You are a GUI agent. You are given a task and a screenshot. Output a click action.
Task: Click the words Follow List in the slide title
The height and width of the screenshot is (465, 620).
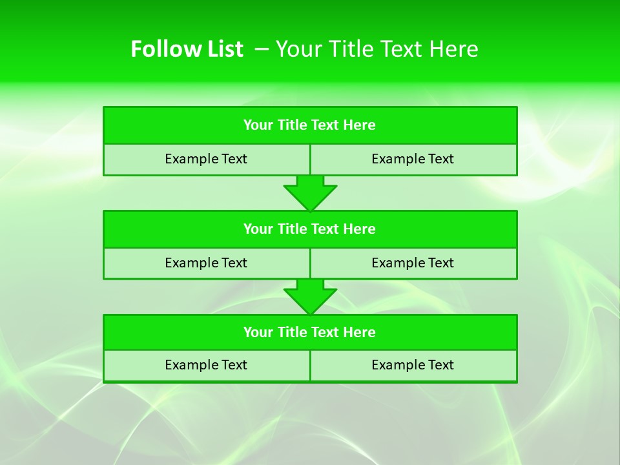187,49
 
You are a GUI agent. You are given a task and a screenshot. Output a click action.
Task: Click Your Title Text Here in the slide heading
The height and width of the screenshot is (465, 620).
377,49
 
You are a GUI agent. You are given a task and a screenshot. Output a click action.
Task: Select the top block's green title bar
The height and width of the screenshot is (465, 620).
310,125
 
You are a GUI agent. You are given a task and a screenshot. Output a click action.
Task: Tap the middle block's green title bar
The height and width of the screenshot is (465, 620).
310,229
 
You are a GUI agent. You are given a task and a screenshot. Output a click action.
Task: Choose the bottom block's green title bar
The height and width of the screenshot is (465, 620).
310,332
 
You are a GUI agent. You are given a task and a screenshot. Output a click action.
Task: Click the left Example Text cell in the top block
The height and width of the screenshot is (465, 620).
206,159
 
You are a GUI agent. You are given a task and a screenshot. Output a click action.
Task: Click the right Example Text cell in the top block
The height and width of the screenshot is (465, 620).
413,159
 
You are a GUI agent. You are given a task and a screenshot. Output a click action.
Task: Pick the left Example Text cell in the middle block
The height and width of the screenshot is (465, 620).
206,263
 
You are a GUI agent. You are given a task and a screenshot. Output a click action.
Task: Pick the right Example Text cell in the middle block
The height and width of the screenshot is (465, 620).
413,263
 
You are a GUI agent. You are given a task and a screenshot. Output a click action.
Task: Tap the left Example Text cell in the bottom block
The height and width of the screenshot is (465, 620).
206,365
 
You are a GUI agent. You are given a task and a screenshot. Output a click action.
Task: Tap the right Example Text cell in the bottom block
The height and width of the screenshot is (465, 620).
413,365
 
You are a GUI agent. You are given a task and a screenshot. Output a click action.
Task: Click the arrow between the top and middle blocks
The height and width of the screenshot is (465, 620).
310,193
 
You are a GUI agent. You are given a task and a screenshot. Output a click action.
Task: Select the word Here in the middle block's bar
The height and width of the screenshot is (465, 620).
359,229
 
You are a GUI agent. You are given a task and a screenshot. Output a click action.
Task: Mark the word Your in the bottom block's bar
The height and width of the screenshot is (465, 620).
258,332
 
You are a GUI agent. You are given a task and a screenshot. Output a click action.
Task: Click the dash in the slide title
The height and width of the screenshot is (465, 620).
262,49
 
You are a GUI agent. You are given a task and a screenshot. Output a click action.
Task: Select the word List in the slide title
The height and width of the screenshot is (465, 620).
225,49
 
